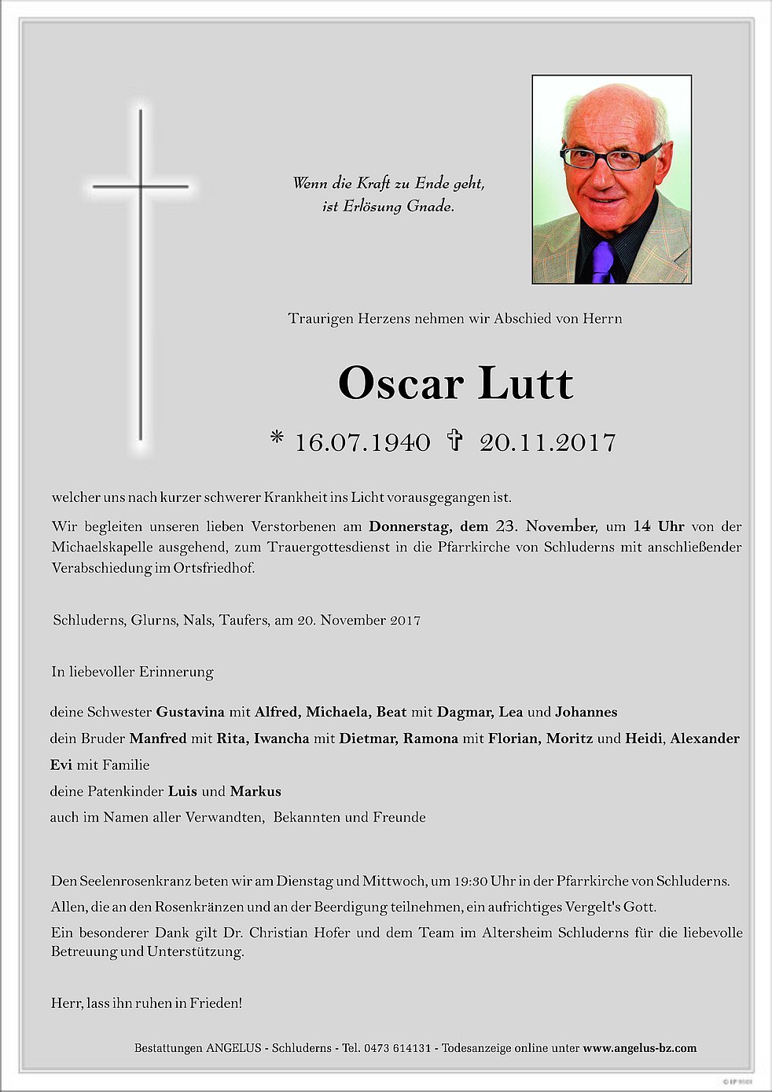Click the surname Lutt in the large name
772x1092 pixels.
525,383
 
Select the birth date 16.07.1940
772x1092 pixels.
362,442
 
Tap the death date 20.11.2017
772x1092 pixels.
547,442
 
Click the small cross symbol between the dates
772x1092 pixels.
454,439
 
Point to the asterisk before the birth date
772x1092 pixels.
277,438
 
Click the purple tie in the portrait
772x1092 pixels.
602,261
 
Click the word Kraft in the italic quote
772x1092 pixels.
373,183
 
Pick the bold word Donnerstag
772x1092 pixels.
410,526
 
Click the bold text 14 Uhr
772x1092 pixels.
659,526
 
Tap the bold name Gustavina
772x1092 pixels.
190,712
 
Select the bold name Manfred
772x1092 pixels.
158,738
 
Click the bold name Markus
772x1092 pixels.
255,791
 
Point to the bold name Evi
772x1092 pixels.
61,764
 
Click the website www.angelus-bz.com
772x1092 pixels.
639,1048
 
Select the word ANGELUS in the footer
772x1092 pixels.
233,1048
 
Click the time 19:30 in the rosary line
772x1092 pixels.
471,881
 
